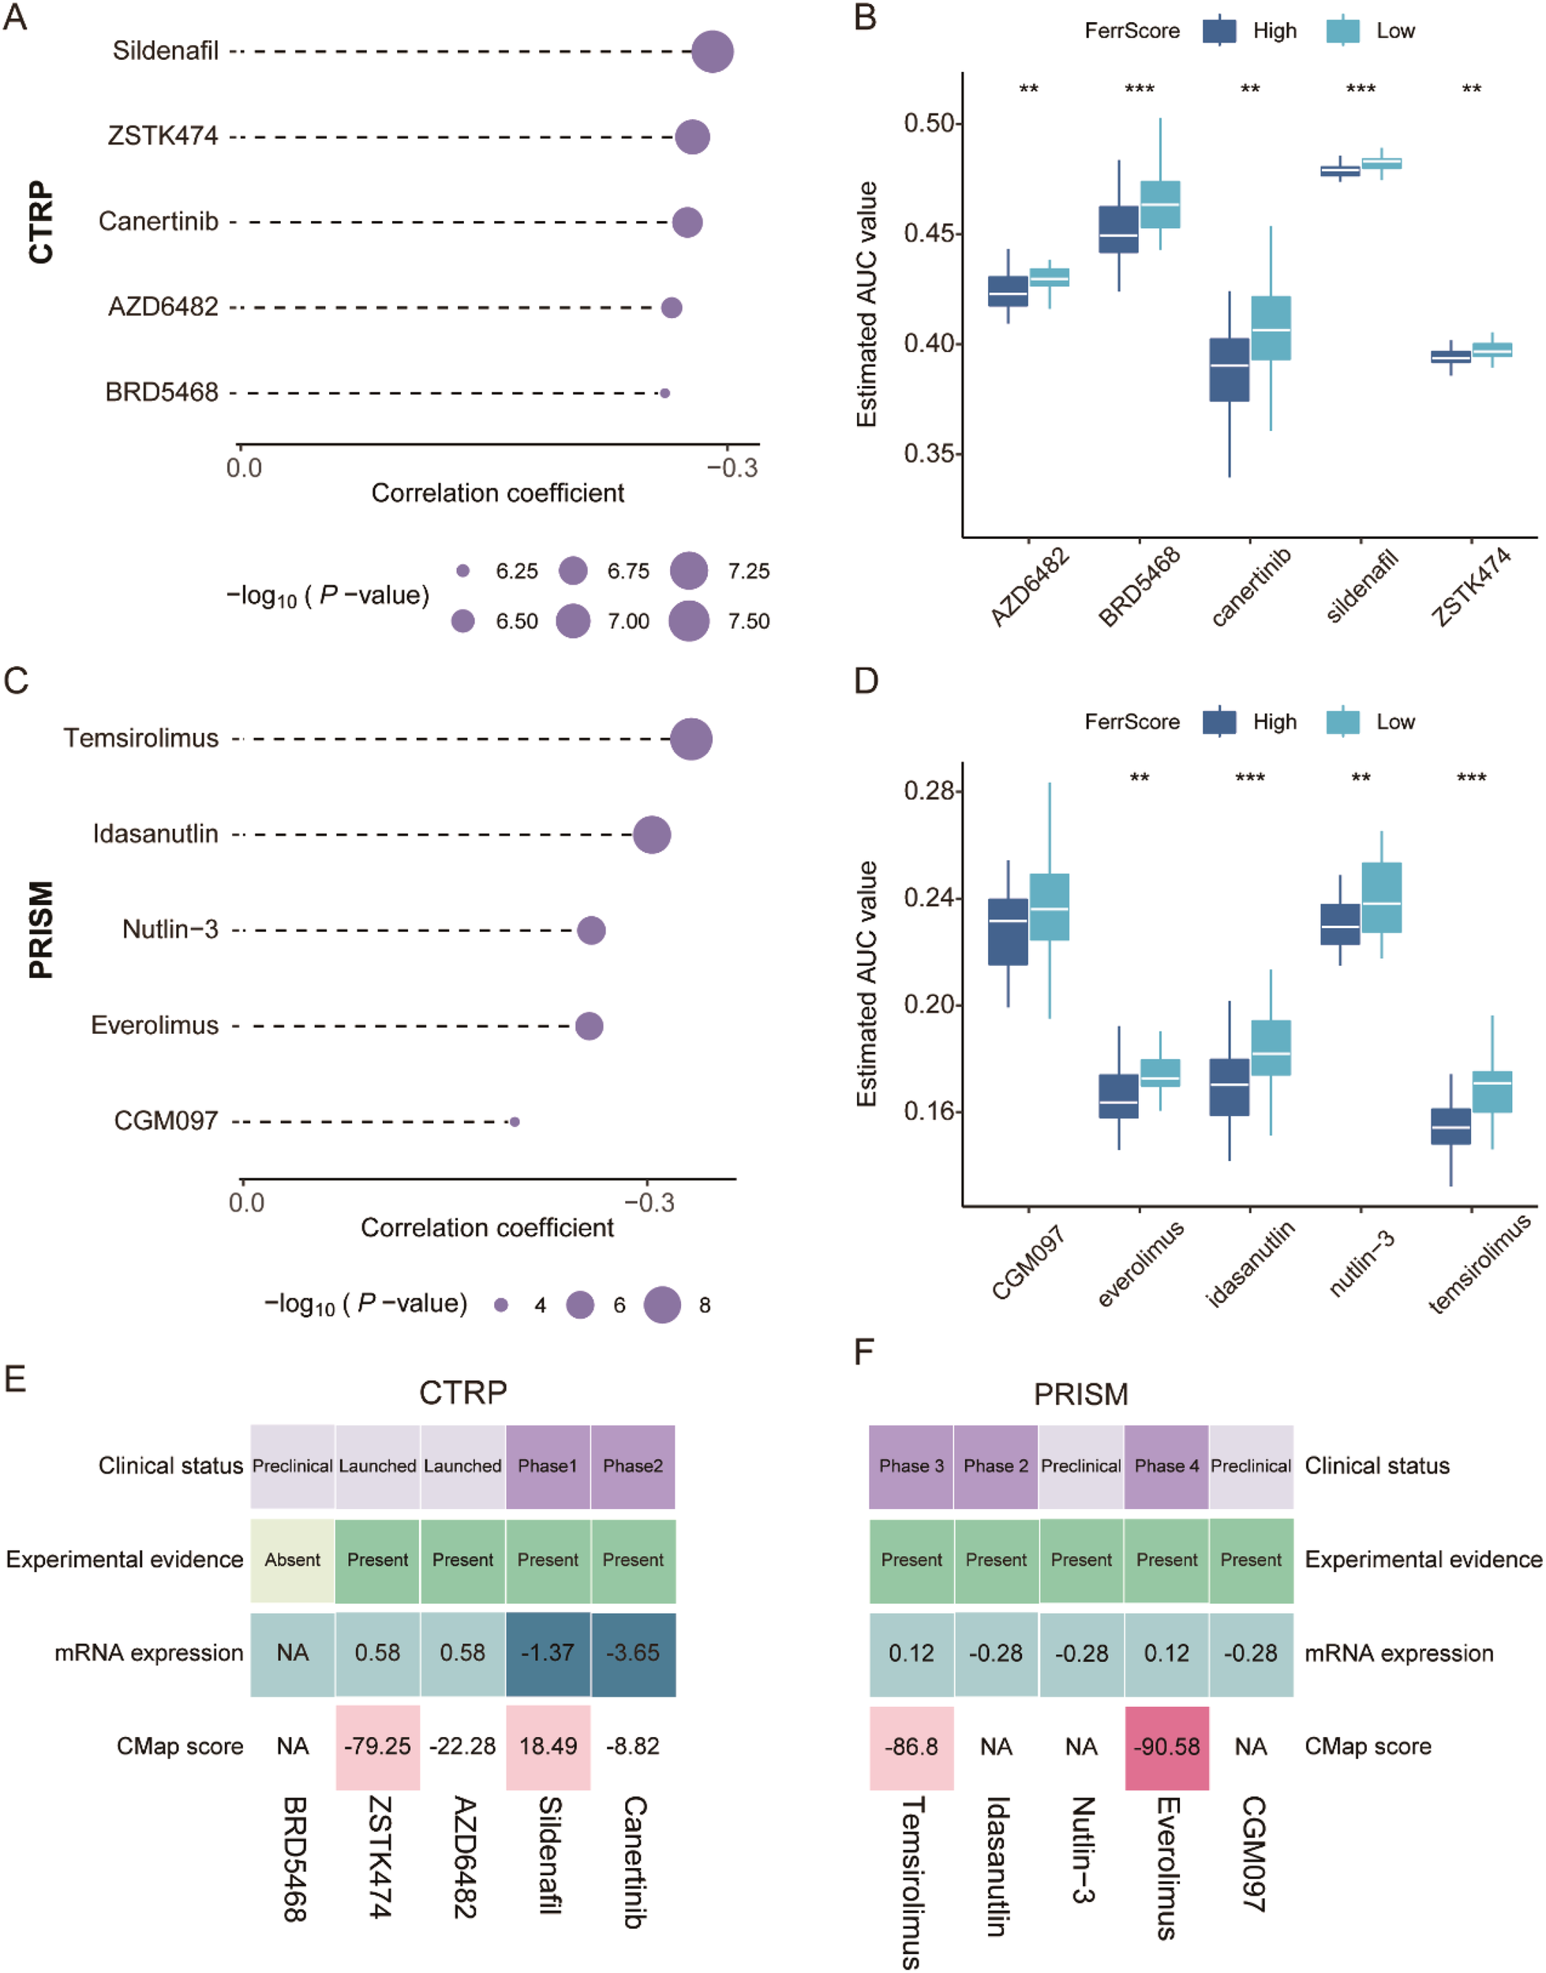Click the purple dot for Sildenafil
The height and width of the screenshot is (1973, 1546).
(x=713, y=51)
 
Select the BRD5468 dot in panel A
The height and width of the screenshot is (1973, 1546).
(x=664, y=393)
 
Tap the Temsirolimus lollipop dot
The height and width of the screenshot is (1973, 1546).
(x=691, y=739)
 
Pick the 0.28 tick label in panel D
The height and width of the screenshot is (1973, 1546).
(x=929, y=791)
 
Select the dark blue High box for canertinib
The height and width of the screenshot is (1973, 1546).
(x=1230, y=369)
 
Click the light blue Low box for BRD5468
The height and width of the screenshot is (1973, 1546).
(x=1159, y=204)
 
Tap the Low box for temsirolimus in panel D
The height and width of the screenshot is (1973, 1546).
(x=1492, y=1091)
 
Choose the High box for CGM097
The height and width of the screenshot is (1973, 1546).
(x=1008, y=931)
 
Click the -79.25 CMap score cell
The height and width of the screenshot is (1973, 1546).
(x=377, y=1746)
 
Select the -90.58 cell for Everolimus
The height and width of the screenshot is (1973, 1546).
(x=1166, y=1746)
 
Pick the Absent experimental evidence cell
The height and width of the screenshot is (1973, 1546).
(x=292, y=1559)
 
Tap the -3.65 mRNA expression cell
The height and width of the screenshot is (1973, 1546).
(x=633, y=1653)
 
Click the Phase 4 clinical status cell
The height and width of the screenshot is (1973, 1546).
(x=1166, y=1466)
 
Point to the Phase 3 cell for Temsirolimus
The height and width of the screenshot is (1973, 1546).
(x=911, y=1466)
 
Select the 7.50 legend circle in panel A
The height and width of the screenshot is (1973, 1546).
(x=689, y=621)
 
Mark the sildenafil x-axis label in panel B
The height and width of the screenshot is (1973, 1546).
(x=1361, y=586)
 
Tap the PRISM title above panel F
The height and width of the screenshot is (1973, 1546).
(x=1080, y=1394)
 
